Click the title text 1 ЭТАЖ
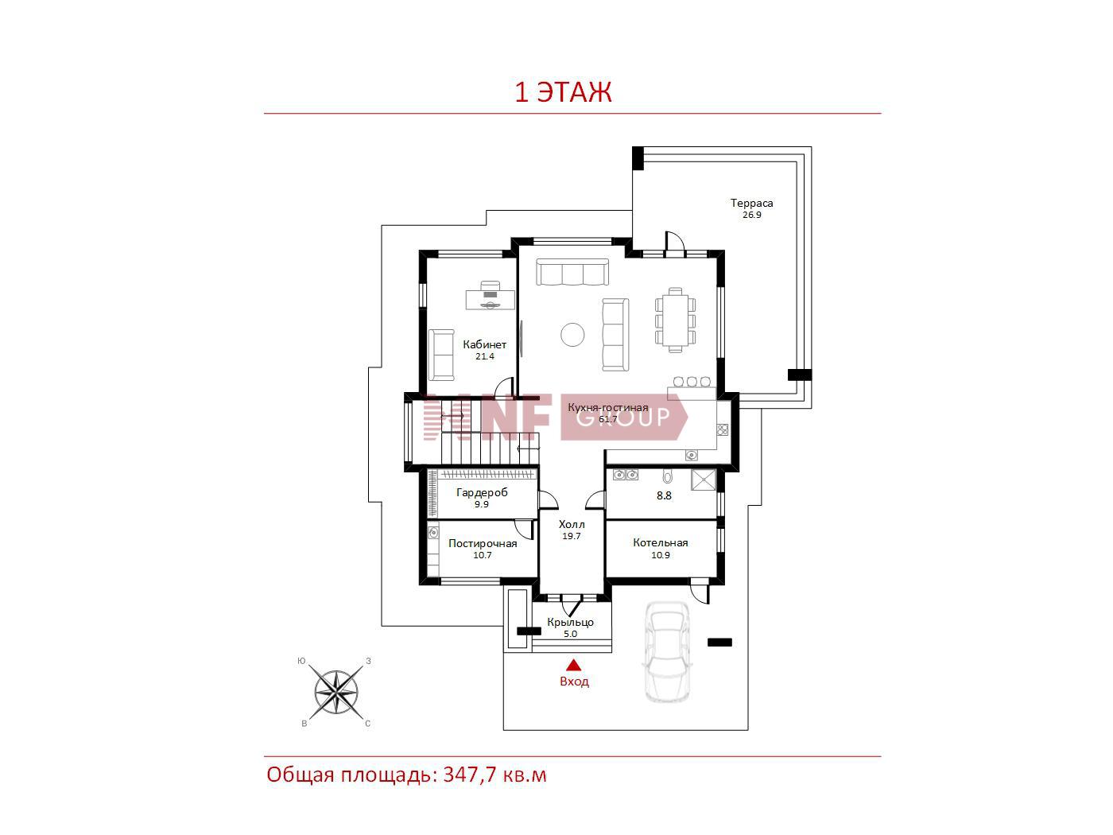563,92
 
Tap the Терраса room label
751,204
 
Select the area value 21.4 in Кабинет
485,356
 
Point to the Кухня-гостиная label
607,408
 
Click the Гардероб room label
482,492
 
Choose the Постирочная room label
483,543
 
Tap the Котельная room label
660,543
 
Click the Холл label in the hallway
572,524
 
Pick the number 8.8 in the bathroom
664,495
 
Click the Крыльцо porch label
571,622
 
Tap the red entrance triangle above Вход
573,665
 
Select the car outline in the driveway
665,652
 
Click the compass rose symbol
335,692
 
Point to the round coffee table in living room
572,335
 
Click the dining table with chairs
675,320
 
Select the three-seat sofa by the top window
572,272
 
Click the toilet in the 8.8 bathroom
667,476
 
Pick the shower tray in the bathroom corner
704,480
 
